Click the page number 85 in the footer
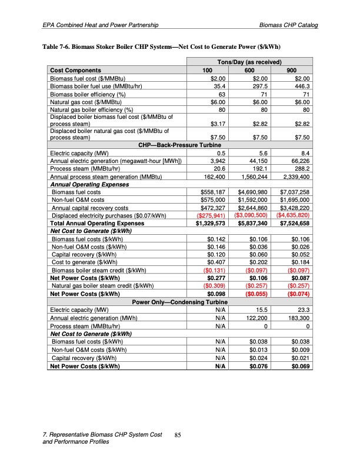[x=179, y=435]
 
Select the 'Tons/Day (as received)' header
[x=249, y=62]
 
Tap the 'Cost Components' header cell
[x=74, y=70]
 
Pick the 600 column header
[x=254, y=70]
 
